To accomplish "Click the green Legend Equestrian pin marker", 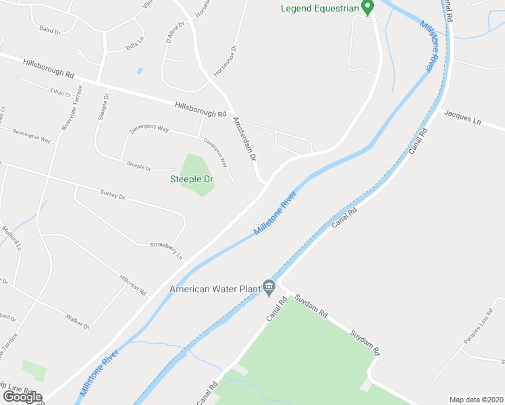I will point(367,7).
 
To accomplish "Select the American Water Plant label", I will point(215,289).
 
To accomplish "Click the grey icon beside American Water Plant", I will point(269,288).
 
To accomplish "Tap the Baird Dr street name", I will point(51,29).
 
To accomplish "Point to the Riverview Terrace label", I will point(70,108).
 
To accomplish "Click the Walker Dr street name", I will point(77,321).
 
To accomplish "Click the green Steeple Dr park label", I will point(191,180).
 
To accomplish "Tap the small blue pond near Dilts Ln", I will point(140,70).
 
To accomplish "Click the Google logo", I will point(22,397).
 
